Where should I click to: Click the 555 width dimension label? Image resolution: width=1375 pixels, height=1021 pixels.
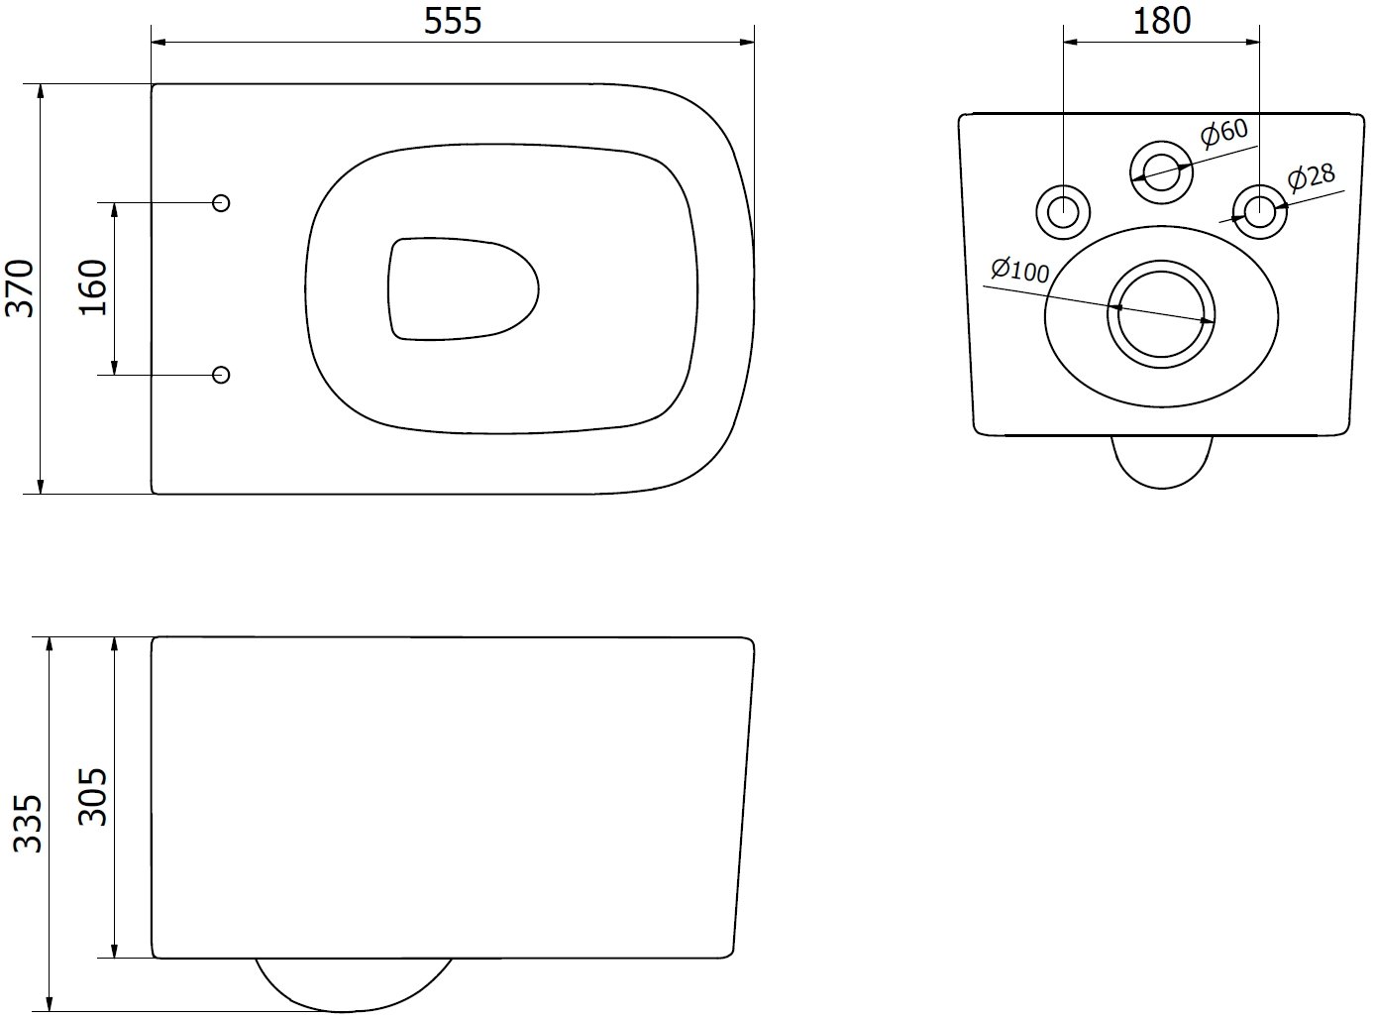[x=453, y=21]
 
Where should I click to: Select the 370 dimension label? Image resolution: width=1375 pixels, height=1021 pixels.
[x=20, y=288]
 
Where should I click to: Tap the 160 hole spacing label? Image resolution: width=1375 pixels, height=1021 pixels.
[x=93, y=287]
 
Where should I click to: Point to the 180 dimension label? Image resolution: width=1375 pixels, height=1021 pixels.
[x=1162, y=21]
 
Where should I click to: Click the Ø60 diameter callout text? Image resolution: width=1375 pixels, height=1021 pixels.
[x=1223, y=133]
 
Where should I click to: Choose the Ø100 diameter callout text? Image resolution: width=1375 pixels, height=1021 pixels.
[x=1019, y=270]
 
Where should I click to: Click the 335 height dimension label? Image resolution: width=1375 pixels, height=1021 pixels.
[x=28, y=824]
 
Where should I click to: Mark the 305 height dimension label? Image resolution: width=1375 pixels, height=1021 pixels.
[x=93, y=797]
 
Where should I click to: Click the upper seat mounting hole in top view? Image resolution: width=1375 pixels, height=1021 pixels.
[x=221, y=203]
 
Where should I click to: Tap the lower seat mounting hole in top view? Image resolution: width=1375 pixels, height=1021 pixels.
[x=221, y=375]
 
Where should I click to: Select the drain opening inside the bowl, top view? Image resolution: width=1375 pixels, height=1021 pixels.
[x=463, y=289]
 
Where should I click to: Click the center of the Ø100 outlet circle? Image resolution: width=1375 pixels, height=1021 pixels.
[x=1161, y=314]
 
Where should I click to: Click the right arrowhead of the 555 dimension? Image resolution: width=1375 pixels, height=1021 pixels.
[x=747, y=43]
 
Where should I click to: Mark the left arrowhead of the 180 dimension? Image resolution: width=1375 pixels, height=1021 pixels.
[x=1071, y=43]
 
